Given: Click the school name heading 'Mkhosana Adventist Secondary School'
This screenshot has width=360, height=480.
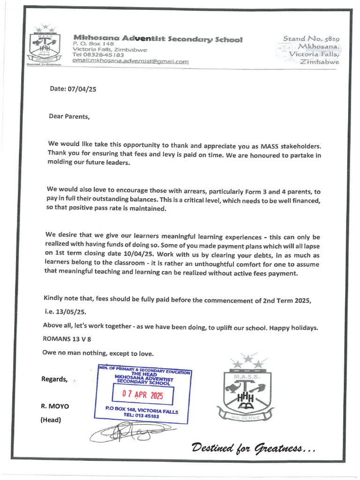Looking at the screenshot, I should point(157,39).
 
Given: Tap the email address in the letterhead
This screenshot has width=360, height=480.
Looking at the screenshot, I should point(130,61).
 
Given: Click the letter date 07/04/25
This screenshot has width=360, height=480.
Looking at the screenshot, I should point(73,90).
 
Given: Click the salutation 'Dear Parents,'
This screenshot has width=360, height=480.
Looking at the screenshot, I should point(69,116).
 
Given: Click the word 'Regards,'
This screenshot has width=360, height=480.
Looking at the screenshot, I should point(55,379).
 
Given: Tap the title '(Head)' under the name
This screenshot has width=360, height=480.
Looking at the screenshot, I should point(51,420).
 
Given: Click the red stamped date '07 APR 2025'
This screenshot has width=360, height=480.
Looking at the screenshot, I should point(142,395).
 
